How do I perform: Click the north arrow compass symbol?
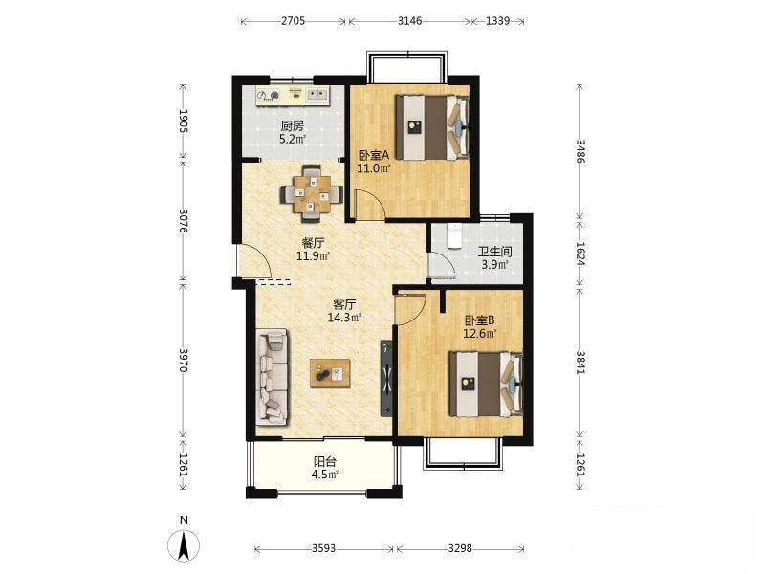184,545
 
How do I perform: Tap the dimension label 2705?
293,20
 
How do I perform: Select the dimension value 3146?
410,20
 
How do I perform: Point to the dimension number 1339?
497,20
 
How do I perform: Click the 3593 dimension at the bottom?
323,548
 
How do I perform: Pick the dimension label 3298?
460,548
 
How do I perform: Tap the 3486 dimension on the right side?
580,151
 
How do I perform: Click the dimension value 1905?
184,121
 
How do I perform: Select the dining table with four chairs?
311,194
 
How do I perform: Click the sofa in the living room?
272,376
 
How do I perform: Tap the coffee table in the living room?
330,373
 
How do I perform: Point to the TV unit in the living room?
386,378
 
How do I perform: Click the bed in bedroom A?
432,127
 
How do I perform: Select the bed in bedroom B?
486,385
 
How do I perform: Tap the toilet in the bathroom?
453,235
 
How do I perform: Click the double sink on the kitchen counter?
317,94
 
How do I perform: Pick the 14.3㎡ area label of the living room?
344,318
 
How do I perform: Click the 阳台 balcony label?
324,461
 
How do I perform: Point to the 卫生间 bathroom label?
494,252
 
